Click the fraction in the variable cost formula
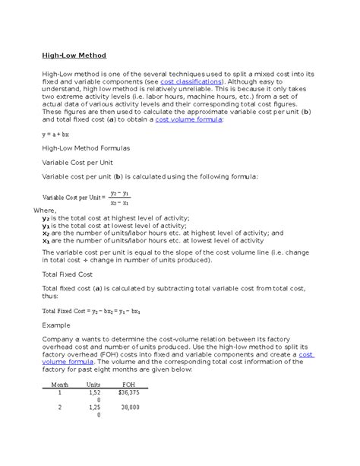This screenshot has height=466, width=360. click(119, 198)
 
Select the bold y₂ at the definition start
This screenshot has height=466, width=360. click(46, 217)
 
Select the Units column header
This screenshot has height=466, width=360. click(93, 385)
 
